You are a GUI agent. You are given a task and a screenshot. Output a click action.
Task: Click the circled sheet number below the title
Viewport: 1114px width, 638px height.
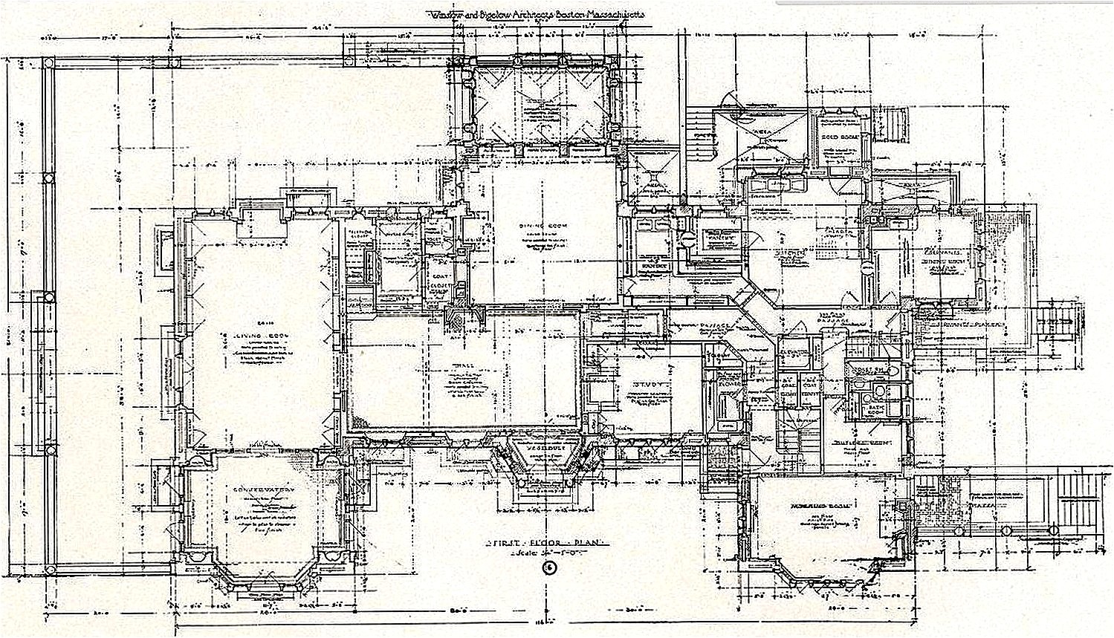549,568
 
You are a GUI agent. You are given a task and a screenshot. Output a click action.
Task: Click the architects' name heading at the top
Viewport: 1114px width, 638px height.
534,14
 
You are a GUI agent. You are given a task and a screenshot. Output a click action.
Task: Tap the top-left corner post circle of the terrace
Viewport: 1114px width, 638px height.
49,64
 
